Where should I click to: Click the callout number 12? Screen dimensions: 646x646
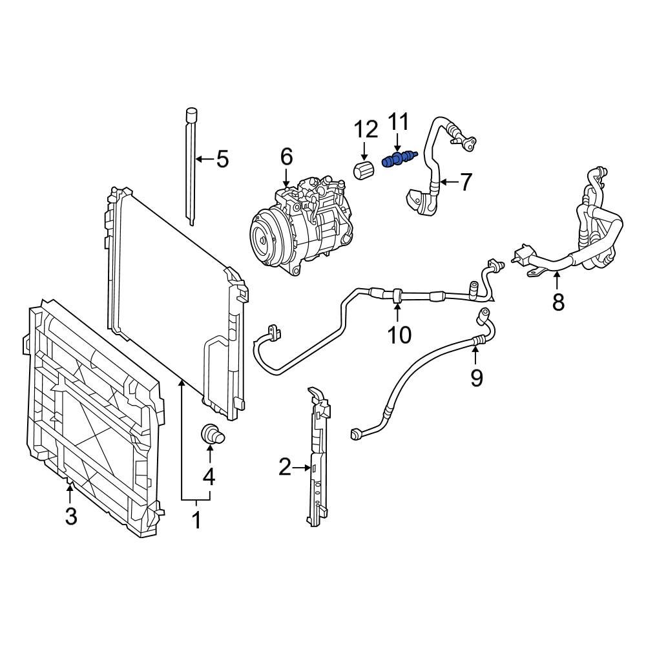[x=366, y=129]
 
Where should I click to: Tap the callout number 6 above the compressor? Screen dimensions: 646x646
[x=286, y=156]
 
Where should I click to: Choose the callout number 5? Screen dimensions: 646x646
[x=222, y=159]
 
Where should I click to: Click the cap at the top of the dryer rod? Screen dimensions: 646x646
[x=191, y=114]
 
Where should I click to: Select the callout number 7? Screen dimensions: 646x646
[x=466, y=183]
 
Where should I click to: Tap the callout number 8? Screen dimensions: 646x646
[x=558, y=301]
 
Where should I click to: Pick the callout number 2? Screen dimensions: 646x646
[x=286, y=466]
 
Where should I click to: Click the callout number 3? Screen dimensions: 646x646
[x=70, y=516]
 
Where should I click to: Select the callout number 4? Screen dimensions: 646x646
[x=208, y=477]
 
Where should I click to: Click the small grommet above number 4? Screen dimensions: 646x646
[x=211, y=433]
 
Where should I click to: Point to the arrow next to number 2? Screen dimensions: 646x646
[x=302, y=467]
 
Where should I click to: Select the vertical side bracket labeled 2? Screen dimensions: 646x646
[x=318, y=459]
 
